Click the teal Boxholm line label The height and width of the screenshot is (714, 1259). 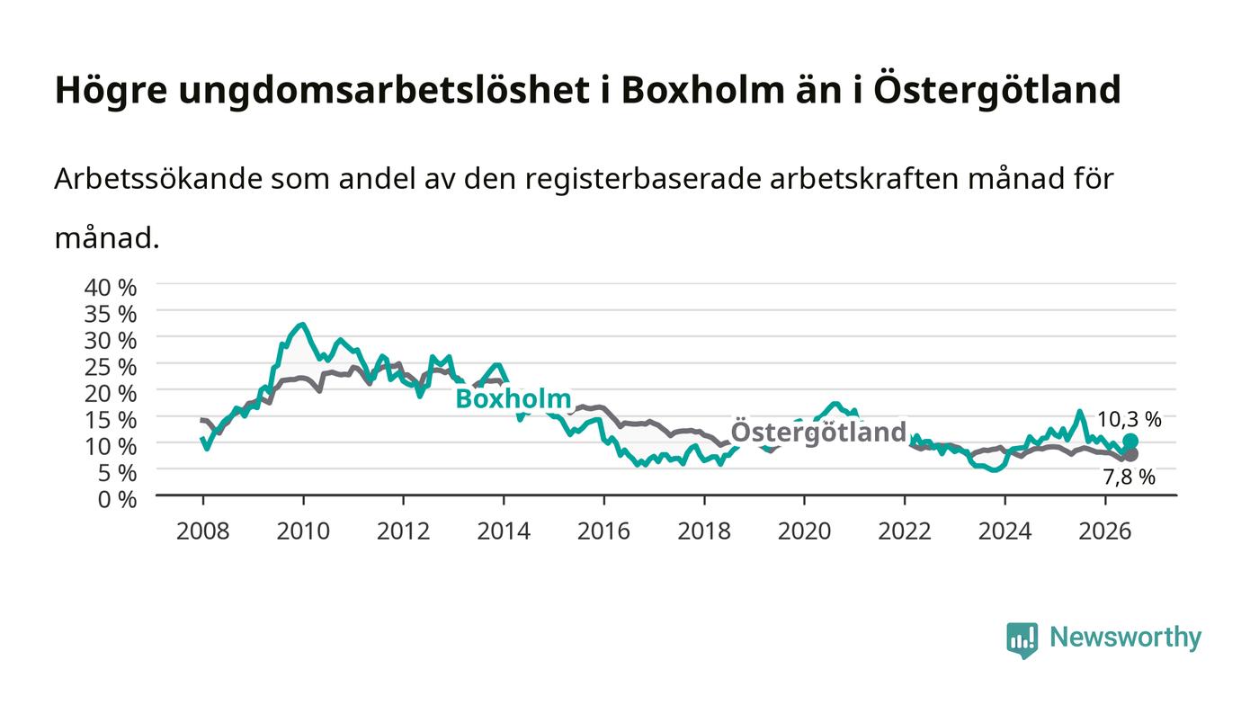(513, 398)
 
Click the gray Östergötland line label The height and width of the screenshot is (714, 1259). (818, 433)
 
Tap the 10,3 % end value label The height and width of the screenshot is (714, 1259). (1129, 419)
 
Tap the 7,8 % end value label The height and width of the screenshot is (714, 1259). (1129, 477)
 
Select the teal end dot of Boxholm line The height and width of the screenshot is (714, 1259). (1130, 441)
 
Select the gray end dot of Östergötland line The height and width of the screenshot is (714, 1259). (1130, 454)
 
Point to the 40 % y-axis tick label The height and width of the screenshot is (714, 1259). (110, 288)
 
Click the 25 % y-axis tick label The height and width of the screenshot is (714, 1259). (110, 368)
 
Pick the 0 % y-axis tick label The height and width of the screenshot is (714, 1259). (117, 500)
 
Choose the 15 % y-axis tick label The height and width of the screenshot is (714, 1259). (110, 421)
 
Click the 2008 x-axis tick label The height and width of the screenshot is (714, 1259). (203, 531)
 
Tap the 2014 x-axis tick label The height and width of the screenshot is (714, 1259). (504, 531)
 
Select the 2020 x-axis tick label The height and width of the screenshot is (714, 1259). (804, 531)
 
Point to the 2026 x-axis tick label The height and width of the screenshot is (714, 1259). (1105, 531)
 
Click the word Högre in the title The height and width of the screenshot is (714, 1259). (112, 91)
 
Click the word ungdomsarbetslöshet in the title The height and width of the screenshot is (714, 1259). (384, 91)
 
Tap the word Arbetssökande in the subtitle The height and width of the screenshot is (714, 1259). (158, 179)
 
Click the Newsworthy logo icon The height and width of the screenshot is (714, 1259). (1022, 639)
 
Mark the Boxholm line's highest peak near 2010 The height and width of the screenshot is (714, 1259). (303, 325)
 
